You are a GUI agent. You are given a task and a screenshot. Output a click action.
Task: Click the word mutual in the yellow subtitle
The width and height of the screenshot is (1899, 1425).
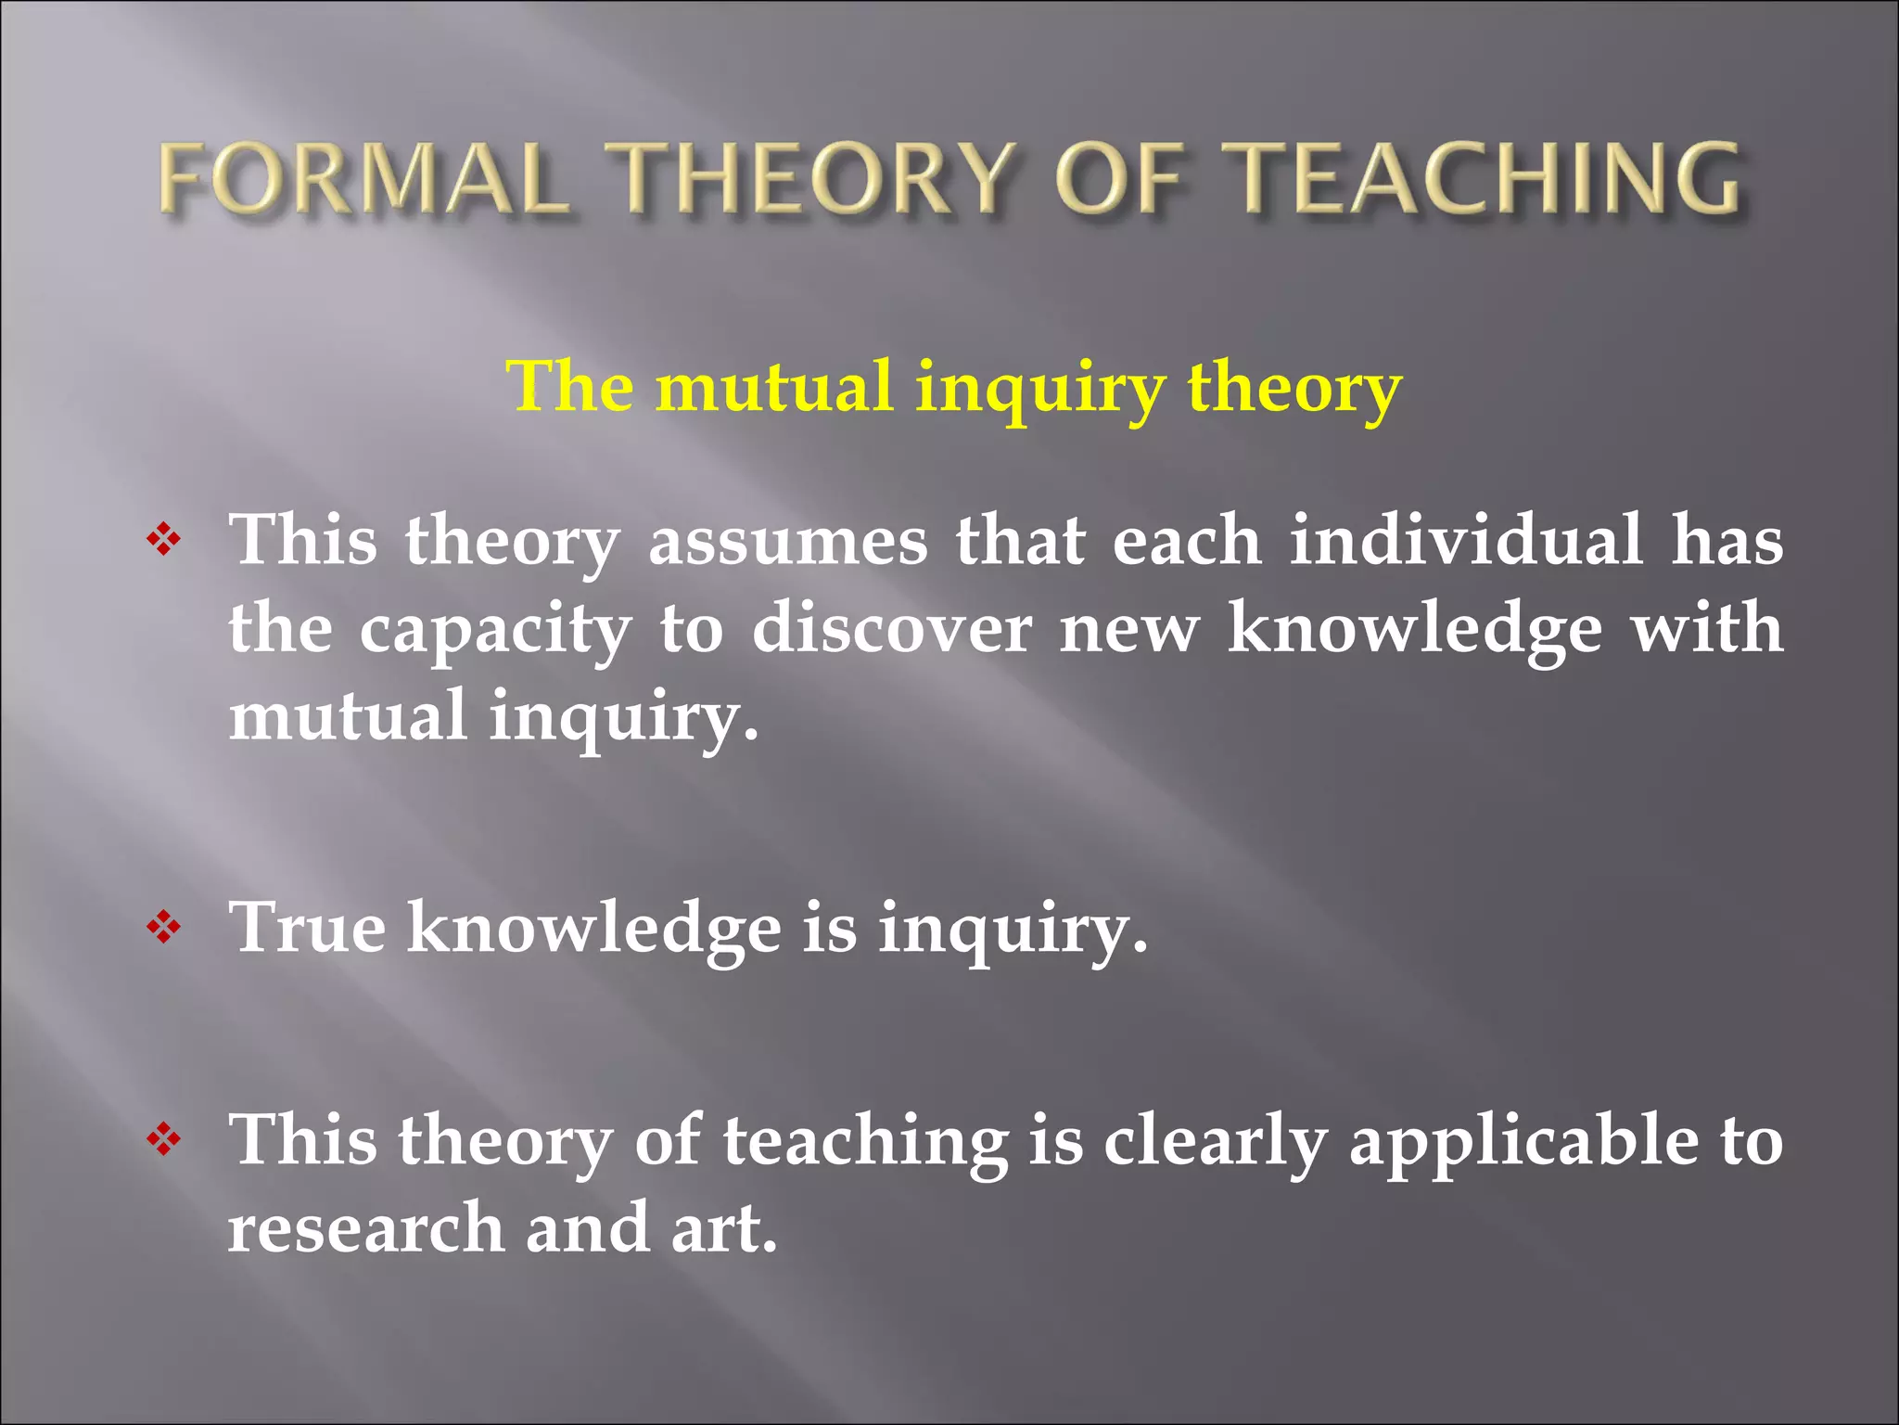point(774,387)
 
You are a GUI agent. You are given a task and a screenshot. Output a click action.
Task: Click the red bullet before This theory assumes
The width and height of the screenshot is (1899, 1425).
point(163,540)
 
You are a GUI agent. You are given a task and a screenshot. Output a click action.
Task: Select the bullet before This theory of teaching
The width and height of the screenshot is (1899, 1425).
point(163,1138)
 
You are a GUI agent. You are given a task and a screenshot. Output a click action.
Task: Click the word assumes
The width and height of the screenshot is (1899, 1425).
point(787,543)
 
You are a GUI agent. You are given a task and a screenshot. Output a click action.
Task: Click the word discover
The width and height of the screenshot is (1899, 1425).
point(891,629)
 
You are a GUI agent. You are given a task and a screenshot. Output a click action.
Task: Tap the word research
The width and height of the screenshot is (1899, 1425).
point(365,1228)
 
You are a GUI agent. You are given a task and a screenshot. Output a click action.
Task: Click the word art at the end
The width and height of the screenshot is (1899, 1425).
point(723,1228)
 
